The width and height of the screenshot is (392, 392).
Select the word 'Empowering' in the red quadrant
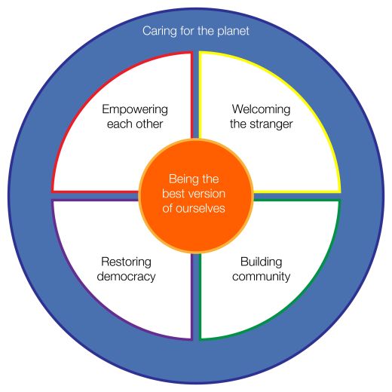tap(135, 110)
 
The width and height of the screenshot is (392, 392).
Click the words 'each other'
tap(135, 124)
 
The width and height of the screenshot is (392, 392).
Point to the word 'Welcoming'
tap(261, 110)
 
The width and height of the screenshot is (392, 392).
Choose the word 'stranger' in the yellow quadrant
tap(271, 124)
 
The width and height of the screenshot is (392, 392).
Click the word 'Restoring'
tap(126, 262)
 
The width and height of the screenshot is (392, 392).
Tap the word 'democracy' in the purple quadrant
tap(126, 277)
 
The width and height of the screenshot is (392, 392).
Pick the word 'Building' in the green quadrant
tap(261, 262)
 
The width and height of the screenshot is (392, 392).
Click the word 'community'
tap(261, 277)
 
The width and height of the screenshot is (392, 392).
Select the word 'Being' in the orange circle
tap(180, 179)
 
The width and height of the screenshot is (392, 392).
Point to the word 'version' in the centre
tap(208, 194)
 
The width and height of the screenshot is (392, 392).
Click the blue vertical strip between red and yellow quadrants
tap(196, 96)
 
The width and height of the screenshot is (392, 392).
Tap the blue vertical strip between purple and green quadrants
tap(196, 296)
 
